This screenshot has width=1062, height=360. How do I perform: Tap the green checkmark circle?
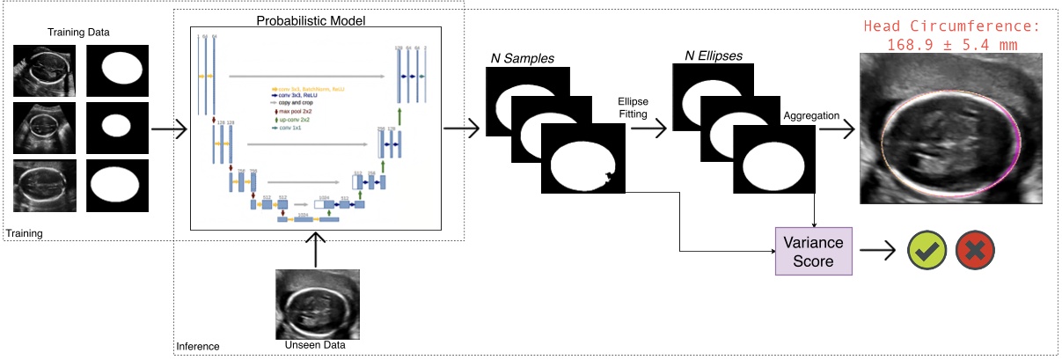click(x=927, y=252)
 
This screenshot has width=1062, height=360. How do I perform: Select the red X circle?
click(x=978, y=252)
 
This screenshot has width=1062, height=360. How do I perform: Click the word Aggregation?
click(x=810, y=116)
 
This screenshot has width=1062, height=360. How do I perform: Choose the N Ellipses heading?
click(x=713, y=56)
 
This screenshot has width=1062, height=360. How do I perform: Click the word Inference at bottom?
click(x=198, y=347)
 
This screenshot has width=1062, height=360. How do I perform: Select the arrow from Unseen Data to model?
click(x=314, y=251)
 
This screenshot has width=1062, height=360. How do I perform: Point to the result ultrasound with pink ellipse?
click(x=954, y=129)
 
